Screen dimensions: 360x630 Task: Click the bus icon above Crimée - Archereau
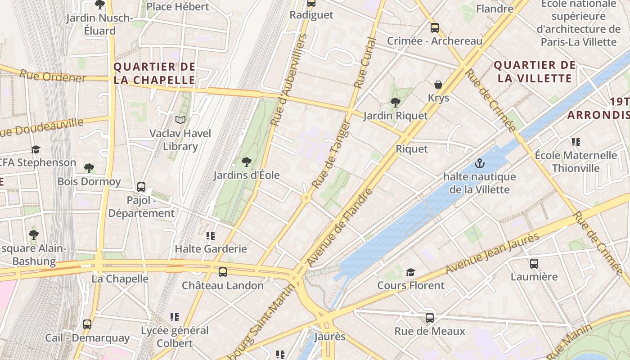(434, 28)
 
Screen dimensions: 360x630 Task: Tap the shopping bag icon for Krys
(438, 85)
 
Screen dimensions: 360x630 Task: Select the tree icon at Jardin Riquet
(395, 103)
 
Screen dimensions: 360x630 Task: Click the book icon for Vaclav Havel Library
(180, 120)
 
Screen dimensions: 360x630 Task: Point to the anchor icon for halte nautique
(479, 163)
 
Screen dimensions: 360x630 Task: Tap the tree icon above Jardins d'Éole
(246, 162)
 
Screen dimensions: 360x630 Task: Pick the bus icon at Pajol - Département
(141, 187)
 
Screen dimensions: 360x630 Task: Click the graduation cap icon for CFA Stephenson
(36, 149)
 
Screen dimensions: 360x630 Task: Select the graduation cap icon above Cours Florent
(410, 272)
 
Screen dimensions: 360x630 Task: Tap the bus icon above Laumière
(534, 263)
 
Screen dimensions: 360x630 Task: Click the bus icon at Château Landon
(222, 272)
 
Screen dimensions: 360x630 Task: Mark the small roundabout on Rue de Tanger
(306, 198)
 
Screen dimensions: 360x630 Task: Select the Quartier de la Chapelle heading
(154, 73)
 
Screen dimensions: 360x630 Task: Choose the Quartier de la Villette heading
(535, 72)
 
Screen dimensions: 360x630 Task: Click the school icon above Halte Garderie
(210, 235)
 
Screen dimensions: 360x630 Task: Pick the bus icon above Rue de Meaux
(429, 318)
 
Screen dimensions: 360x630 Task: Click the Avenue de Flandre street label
(340, 227)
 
